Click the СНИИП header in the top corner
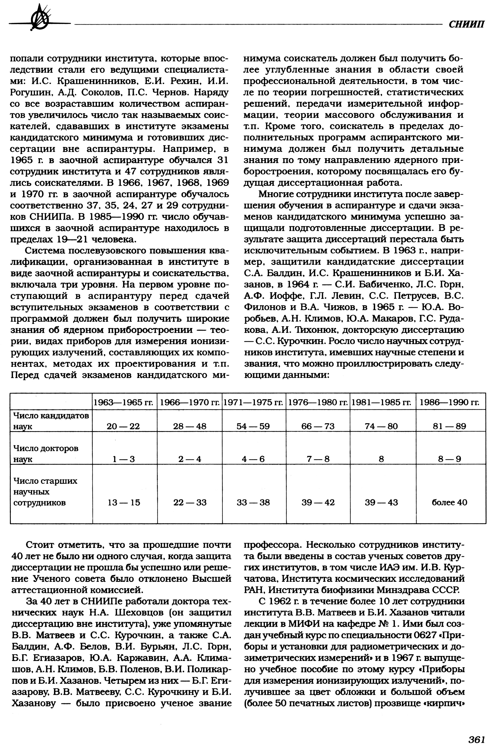click(x=466, y=24)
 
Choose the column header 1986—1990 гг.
click(x=449, y=402)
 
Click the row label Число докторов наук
click(x=46, y=453)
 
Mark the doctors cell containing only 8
click(x=381, y=459)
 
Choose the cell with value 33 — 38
click(x=253, y=502)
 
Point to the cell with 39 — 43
click(x=381, y=502)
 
